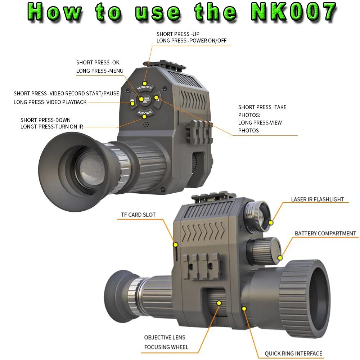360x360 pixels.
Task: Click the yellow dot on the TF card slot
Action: click(176, 245)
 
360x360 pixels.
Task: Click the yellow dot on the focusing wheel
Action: click(219, 303)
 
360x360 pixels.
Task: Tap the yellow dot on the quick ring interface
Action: click(244, 309)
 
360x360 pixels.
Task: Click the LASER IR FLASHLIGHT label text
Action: click(317, 199)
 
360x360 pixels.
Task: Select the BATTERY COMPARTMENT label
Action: click(325, 234)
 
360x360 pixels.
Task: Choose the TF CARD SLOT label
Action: click(138, 215)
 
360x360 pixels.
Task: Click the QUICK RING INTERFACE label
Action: click(293, 354)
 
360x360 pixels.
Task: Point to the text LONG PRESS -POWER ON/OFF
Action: click(192, 41)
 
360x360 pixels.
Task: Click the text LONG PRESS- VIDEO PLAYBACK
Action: click(50, 102)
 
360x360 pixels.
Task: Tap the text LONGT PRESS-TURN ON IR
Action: click(51, 126)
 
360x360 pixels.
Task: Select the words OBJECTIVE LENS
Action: click(165, 337)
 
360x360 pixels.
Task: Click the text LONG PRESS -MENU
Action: click(100, 71)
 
